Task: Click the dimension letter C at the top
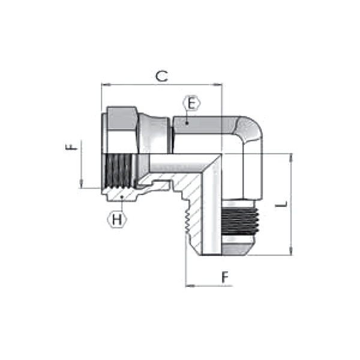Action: [161, 76]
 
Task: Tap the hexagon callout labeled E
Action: [191, 104]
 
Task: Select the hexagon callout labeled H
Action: [118, 219]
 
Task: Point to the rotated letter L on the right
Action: [280, 205]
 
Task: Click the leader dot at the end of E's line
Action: [186, 123]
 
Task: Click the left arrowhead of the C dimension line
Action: [104, 85]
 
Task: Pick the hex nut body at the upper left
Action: [122, 129]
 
